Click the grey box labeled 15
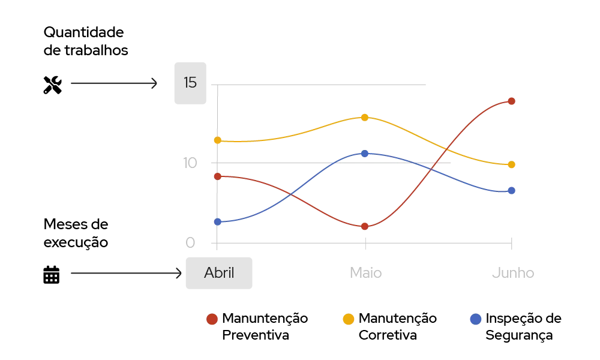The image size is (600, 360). pos(190,82)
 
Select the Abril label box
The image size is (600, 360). pos(218,273)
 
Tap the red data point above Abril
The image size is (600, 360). pos(218,176)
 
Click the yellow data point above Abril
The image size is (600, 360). pos(218,140)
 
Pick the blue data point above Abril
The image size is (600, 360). pos(218,221)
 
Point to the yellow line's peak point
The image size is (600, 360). pos(365,117)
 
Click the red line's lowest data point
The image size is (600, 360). pos(365,226)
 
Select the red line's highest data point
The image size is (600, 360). pos(511,101)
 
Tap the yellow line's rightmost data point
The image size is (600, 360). pos(512,164)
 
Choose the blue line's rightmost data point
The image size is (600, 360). pos(512,191)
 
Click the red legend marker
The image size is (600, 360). pos(212,319)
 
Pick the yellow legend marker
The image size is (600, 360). pos(348,319)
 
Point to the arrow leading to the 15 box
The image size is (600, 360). pos(111,84)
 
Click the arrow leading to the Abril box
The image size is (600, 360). pos(123,274)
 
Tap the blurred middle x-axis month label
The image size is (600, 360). pos(367,273)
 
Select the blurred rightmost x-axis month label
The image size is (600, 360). pos(513,273)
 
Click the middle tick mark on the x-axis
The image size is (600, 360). pos(366,242)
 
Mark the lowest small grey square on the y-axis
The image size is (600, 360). pos(190,242)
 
